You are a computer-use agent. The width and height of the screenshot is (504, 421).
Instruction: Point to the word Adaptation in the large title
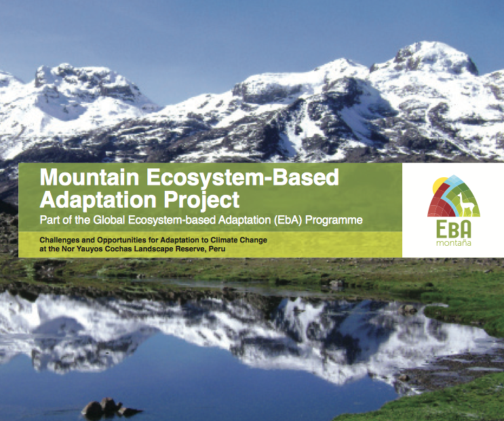coord(91,200)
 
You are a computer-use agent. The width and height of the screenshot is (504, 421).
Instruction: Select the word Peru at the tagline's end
coord(216,249)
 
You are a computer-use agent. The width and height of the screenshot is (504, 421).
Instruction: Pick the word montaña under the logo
coord(453,242)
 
